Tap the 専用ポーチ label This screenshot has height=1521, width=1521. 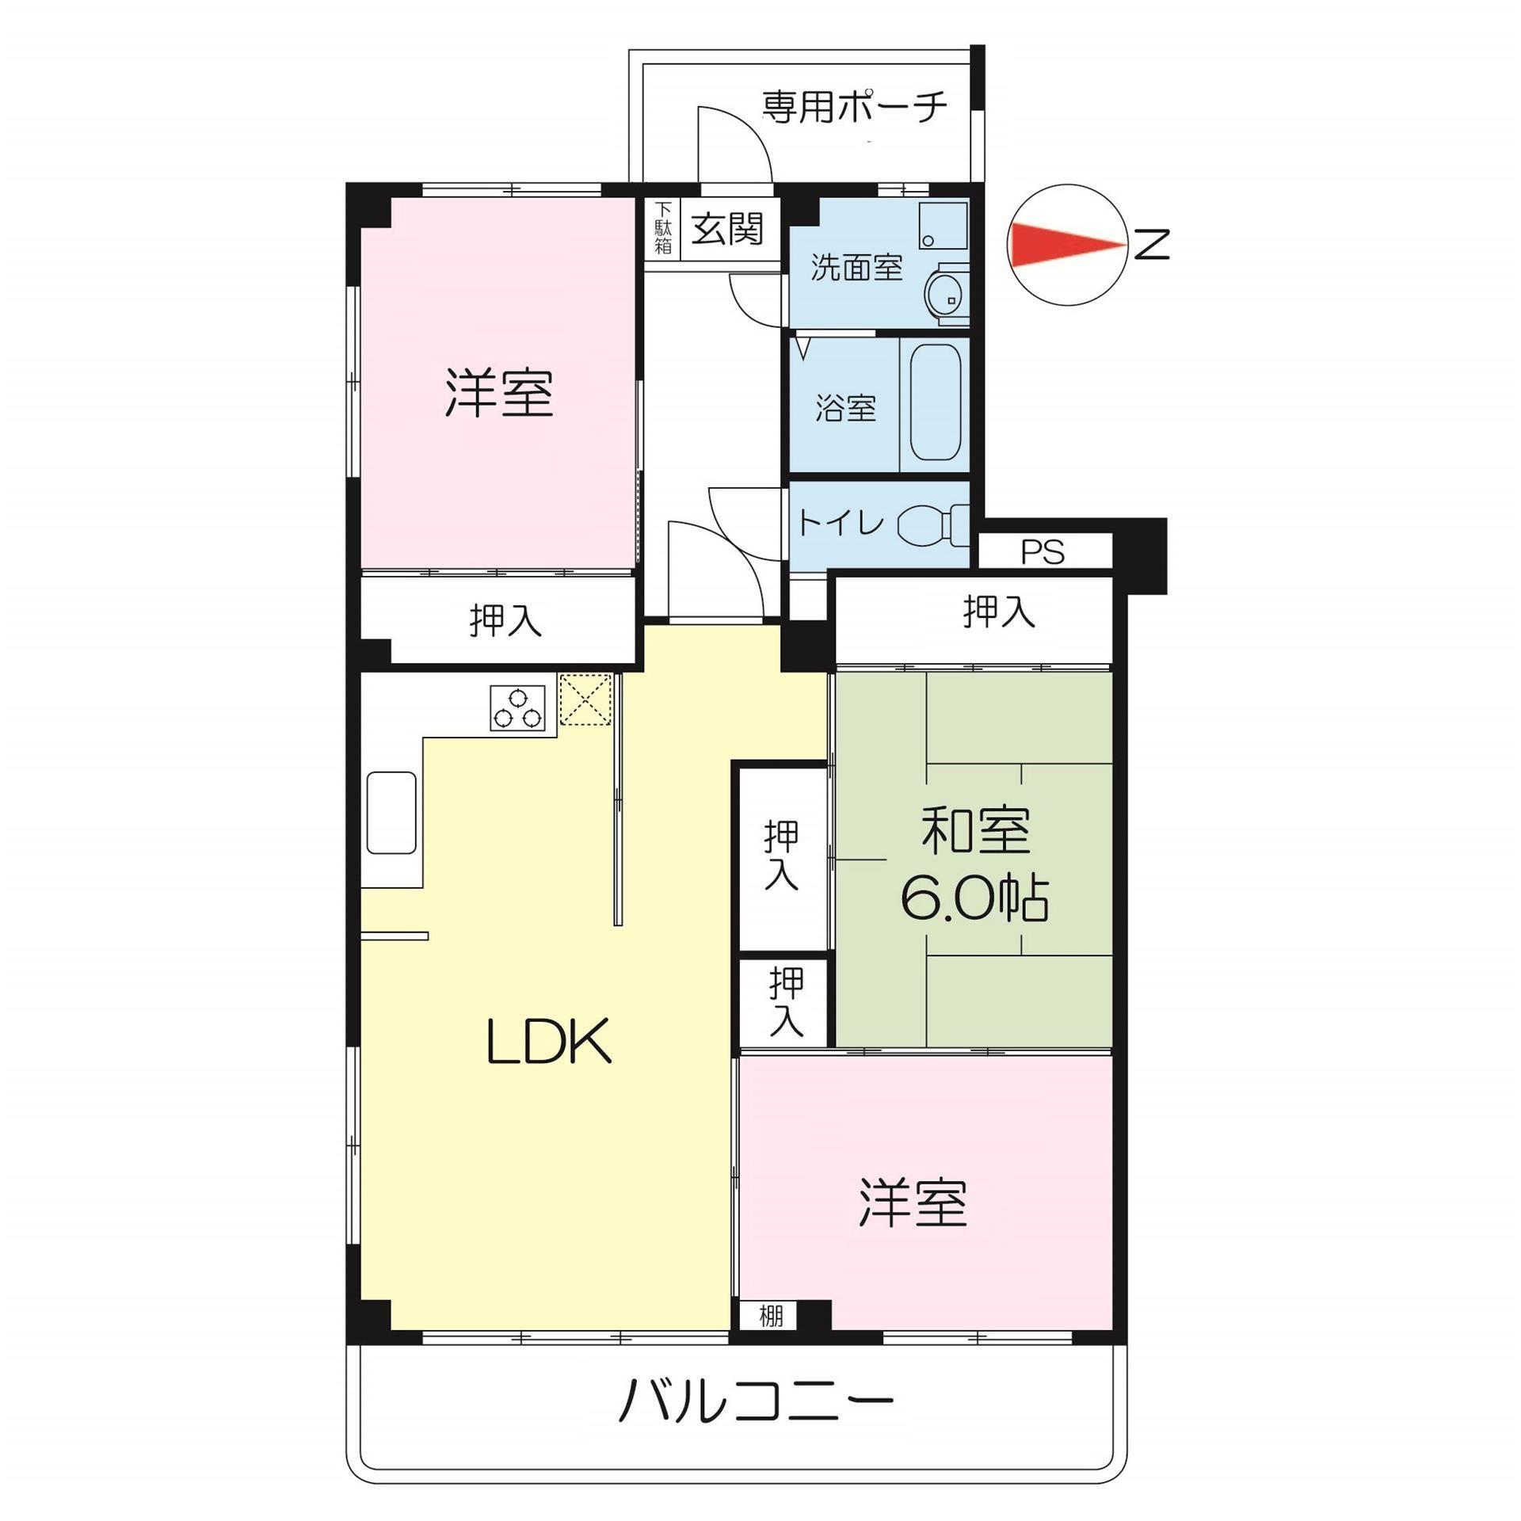[854, 107]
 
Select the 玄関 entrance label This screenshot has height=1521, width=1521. [727, 229]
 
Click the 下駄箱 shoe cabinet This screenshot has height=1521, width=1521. [662, 228]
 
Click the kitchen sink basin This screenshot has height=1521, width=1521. [391, 812]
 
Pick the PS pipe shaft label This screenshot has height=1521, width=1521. [1043, 551]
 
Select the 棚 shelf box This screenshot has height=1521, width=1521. [770, 1316]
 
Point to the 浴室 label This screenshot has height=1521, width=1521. [846, 407]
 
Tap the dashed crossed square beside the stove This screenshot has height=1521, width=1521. [586, 699]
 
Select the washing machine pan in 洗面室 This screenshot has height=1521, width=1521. [943, 226]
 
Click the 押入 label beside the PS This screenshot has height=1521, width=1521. [998, 612]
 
